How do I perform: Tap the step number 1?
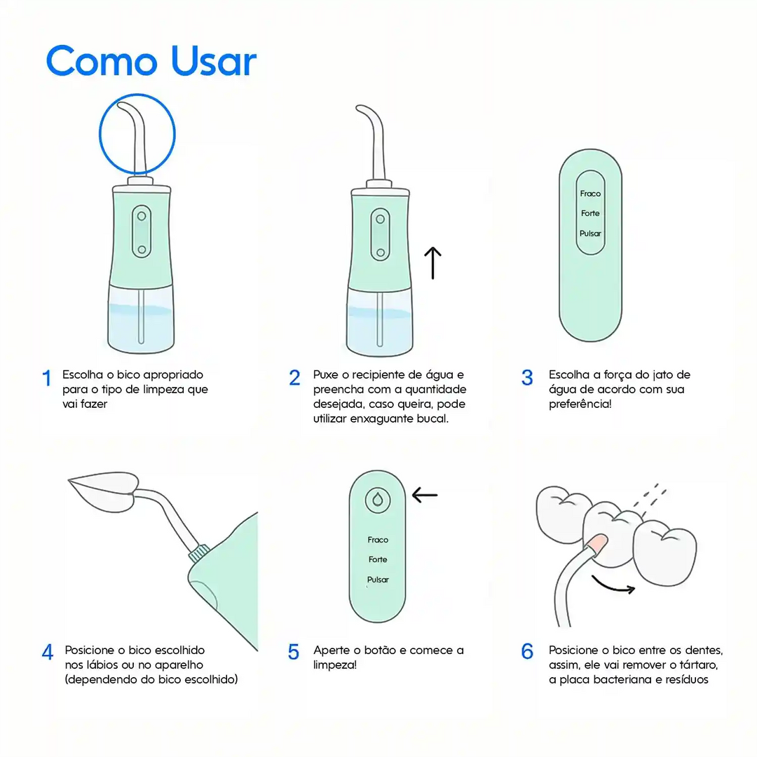tap(47, 378)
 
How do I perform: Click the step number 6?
tap(527, 651)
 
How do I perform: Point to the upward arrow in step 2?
tap(434, 262)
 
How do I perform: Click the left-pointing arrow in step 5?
tap(425, 495)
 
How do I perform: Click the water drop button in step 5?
tap(378, 499)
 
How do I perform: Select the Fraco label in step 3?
tap(590, 193)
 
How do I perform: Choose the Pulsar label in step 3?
tap(590, 233)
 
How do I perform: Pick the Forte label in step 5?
tap(378, 559)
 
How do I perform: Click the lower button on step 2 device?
tap(380, 252)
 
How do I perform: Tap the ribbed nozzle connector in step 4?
tap(197, 553)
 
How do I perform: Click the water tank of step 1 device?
tap(141, 321)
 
